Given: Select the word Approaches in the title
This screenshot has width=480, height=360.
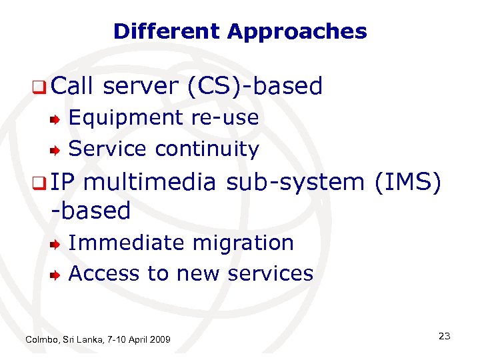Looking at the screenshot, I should click(x=297, y=31).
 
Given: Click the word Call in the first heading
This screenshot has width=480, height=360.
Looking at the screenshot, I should click(x=73, y=86).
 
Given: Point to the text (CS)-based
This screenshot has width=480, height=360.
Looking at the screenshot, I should click(x=256, y=86).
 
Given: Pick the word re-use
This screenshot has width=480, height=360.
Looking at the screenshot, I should click(x=225, y=117).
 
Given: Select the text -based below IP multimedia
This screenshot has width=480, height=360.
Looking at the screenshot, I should click(x=91, y=211).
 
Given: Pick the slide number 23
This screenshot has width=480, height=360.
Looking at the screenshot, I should click(x=444, y=336).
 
